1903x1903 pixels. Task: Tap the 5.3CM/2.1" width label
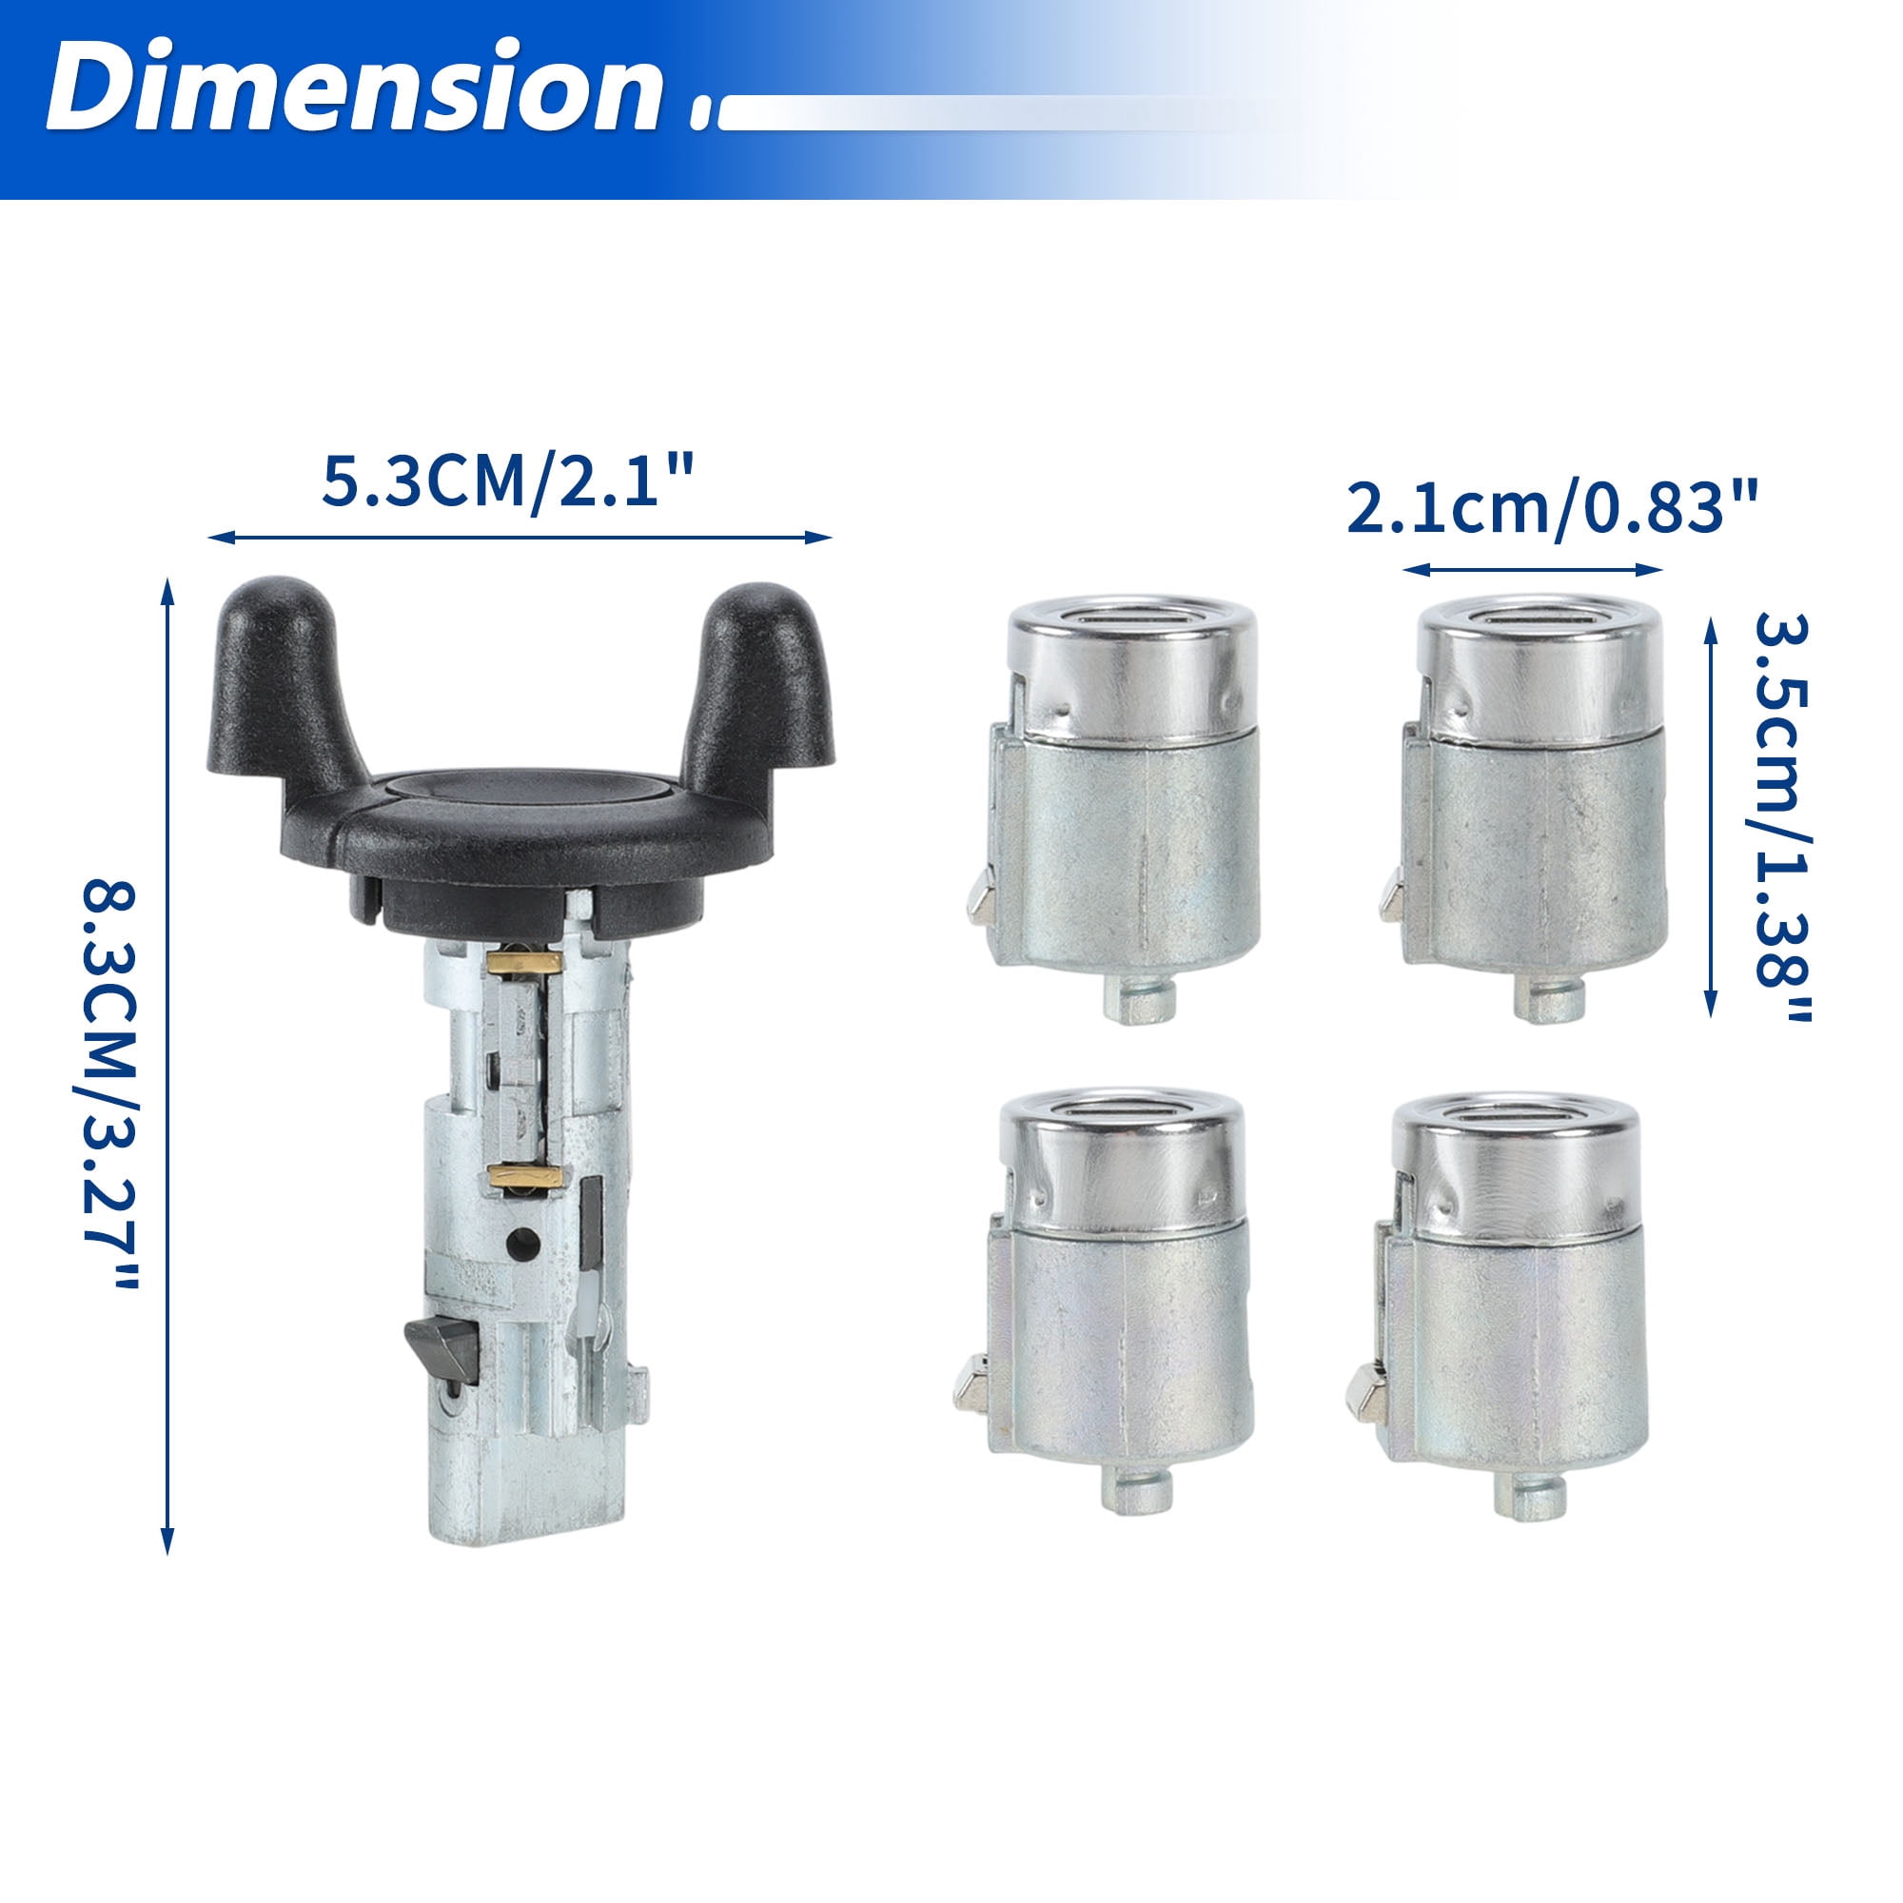point(508,481)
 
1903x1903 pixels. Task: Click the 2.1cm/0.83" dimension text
point(1551,507)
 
